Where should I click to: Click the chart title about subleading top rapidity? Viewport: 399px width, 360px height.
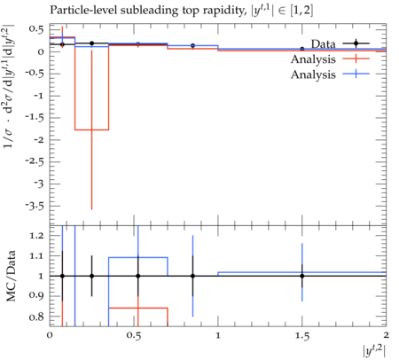[181, 11]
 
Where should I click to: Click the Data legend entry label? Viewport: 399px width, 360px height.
[323, 44]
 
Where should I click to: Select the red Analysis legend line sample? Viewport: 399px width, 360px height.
[356, 59]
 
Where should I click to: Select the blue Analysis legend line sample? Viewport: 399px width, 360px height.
[356, 74]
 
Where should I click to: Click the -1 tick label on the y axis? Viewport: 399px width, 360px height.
[38, 96]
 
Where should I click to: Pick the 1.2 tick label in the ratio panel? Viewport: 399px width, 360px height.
[36, 236]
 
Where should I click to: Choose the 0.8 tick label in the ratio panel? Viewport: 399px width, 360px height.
[36, 317]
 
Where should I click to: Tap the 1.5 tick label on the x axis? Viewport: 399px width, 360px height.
[302, 336]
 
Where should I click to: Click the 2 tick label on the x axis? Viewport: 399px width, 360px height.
[386, 336]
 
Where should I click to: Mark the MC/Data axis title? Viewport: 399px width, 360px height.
[12, 276]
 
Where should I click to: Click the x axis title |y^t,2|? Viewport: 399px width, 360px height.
[374, 351]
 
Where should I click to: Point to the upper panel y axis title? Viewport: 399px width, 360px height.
[10, 86]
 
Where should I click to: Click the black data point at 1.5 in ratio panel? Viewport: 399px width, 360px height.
[302, 276]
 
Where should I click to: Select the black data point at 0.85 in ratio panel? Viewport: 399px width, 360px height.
[192, 276]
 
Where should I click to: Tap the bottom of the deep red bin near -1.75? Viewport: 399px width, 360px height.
[91, 129]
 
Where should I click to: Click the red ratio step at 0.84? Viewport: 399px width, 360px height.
[138, 308]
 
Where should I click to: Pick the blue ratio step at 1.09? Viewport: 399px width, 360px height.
[138, 257]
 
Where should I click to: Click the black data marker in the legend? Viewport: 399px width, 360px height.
[356, 43]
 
